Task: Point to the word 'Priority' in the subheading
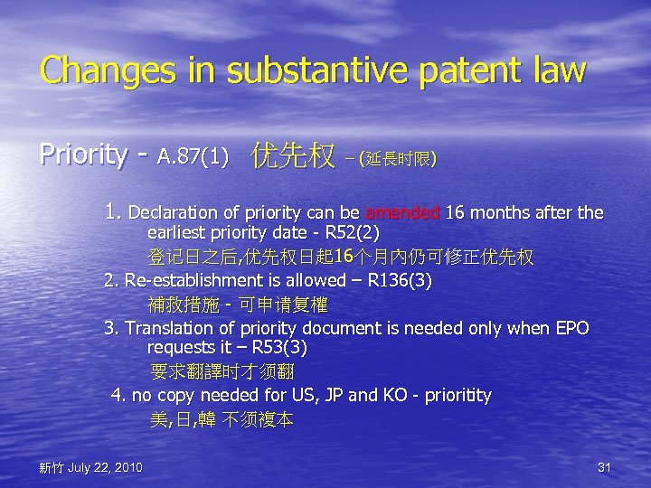tap(83, 155)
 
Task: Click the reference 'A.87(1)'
tap(193, 158)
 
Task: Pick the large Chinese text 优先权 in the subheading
tap(293, 155)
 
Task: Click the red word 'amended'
tap(402, 213)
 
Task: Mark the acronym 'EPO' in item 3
tap(571, 328)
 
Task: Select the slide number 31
tap(605, 467)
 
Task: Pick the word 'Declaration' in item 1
tap(174, 213)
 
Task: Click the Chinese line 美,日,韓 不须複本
tap(222, 419)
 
